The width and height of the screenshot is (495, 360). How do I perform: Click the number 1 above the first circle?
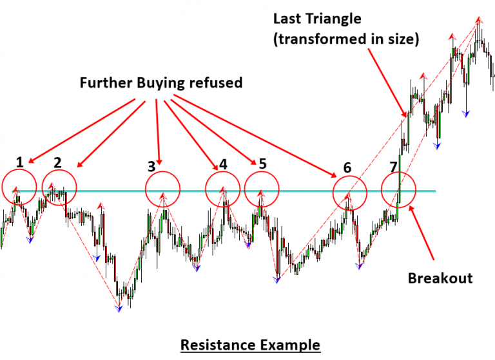(x=20, y=162)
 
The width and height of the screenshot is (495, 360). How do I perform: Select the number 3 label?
(x=151, y=166)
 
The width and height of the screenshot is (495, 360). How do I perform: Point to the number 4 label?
(x=223, y=164)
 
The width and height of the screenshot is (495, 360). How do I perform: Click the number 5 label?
(x=262, y=164)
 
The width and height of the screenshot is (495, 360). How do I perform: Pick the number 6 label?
(x=347, y=167)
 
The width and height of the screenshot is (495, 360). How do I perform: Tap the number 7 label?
(x=394, y=167)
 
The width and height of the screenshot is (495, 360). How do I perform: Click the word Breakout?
(x=440, y=279)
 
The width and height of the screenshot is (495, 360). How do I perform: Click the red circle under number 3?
(x=162, y=190)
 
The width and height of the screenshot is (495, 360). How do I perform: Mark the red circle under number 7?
(x=398, y=191)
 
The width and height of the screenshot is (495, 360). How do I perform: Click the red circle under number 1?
(x=19, y=187)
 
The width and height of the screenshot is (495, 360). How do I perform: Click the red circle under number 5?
(x=262, y=190)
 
